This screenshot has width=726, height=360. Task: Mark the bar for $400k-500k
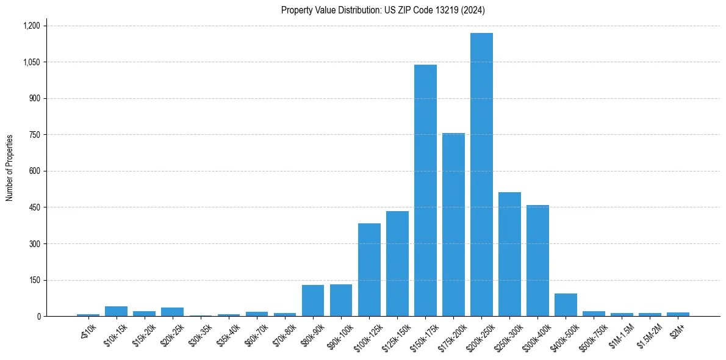point(566,305)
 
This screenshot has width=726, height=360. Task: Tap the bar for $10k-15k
point(116,311)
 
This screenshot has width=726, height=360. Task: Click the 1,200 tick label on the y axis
point(31,26)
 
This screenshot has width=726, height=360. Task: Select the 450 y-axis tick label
point(34,207)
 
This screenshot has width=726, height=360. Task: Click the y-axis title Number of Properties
point(10,168)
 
